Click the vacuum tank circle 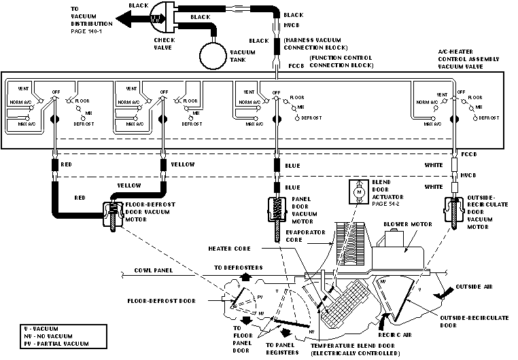(x=211, y=54)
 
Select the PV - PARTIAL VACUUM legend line (x=50, y=344)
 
